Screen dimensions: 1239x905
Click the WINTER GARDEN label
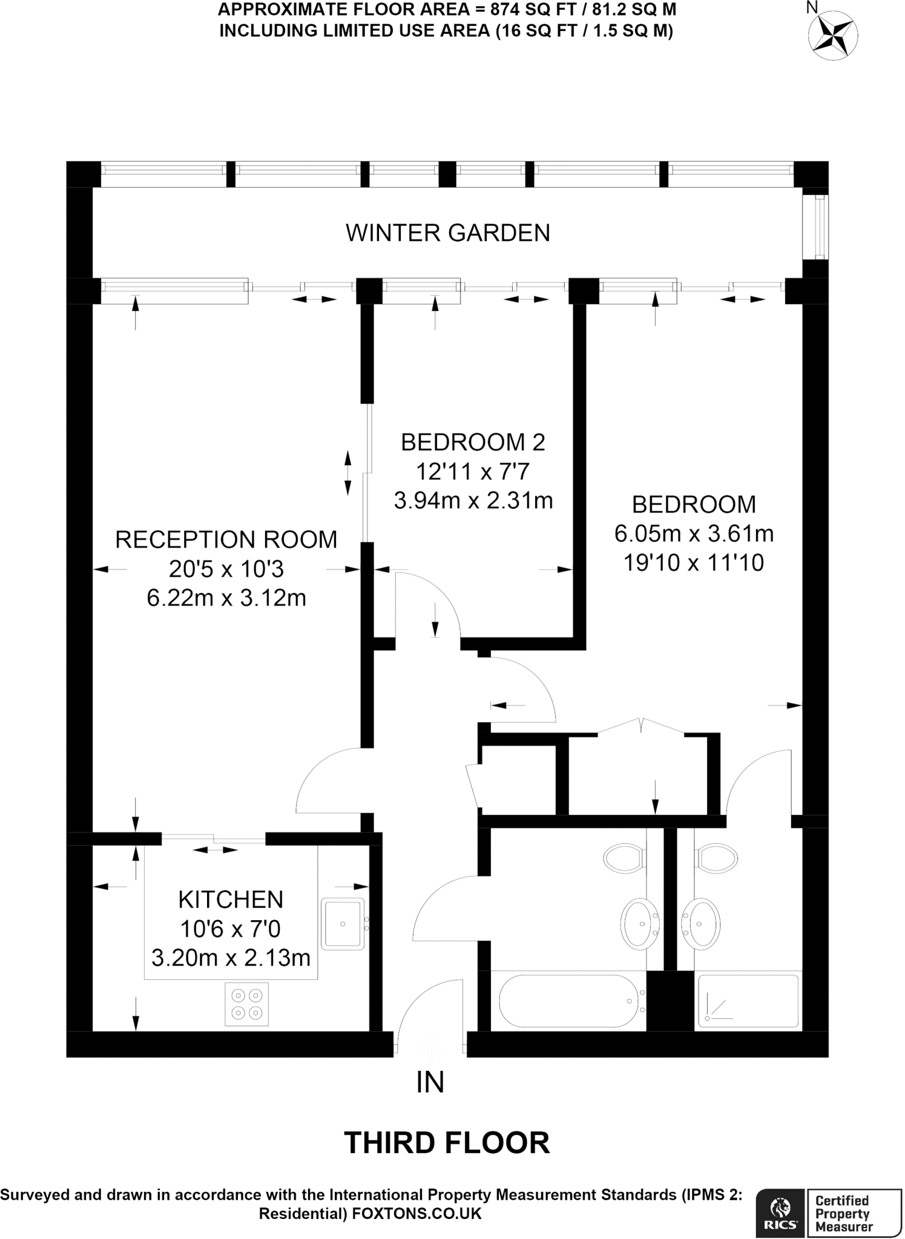click(x=448, y=233)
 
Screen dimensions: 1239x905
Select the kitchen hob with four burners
click(x=247, y=1004)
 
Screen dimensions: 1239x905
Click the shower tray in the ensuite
click(x=748, y=1001)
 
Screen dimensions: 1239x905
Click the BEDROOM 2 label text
click(x=473, y=442)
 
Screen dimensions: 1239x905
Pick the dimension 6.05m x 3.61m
click(x=694, y=534)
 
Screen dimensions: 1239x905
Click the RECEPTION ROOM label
click(x=226, y=540)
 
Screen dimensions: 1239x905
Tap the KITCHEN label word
click(x=231, y=900)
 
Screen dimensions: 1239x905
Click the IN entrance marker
click(x=430, y=1082)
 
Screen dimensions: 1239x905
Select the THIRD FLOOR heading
click(x=447, y=1143)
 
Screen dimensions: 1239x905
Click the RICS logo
click(x=780, y=1212)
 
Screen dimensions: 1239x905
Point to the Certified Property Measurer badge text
click(x=844, y=1212)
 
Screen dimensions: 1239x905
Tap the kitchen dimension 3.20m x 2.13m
click(x=231, y=958)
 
